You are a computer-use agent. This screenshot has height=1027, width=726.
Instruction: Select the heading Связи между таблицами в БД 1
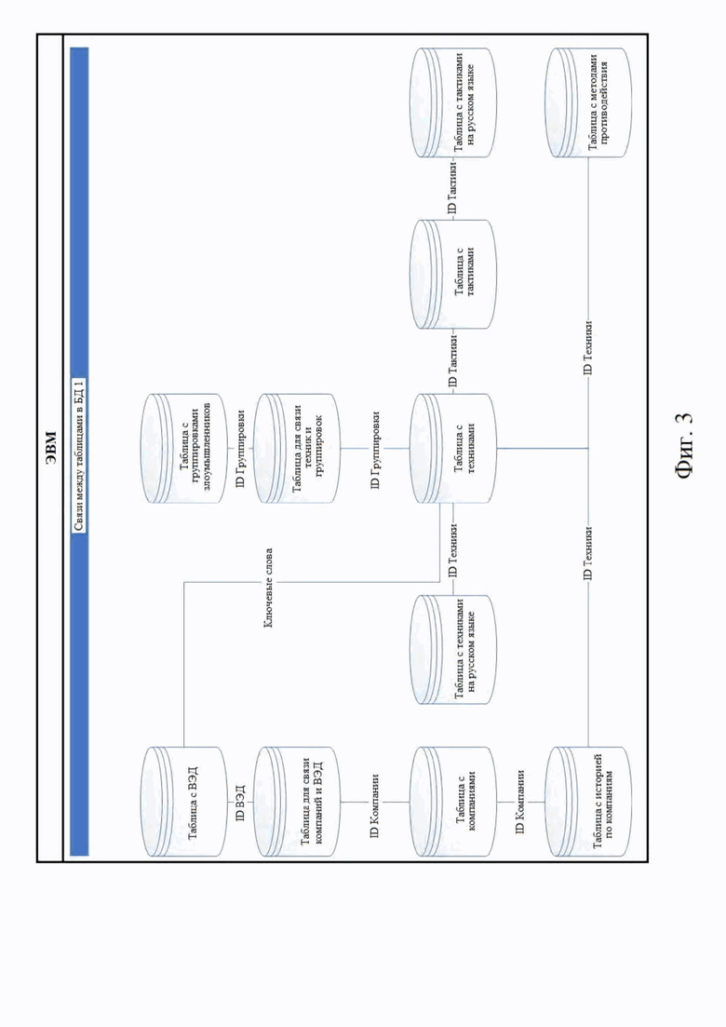79,455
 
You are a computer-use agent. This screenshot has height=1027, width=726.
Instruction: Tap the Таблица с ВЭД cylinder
184,801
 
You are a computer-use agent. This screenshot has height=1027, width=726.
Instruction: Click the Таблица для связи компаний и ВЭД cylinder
297,801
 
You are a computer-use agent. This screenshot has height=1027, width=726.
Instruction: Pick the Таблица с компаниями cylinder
453,801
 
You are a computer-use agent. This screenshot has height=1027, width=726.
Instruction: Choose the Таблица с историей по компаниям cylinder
588,801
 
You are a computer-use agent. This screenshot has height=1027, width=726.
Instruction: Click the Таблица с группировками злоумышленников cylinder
184,449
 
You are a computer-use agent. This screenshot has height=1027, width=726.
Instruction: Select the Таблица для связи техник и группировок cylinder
297,449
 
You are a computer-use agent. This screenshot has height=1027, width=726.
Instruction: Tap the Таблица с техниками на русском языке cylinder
453,649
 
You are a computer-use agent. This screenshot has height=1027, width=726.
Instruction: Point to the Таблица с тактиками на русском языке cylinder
453,102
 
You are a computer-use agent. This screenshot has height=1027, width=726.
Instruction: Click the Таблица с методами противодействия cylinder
588,102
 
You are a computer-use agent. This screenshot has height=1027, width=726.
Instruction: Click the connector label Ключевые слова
268,588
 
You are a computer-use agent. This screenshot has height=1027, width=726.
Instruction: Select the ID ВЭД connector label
240,801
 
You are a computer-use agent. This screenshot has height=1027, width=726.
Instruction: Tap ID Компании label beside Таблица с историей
520,801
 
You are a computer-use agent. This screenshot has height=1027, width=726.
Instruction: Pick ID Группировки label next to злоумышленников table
240,449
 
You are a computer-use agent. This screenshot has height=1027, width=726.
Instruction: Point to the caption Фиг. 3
685,445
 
